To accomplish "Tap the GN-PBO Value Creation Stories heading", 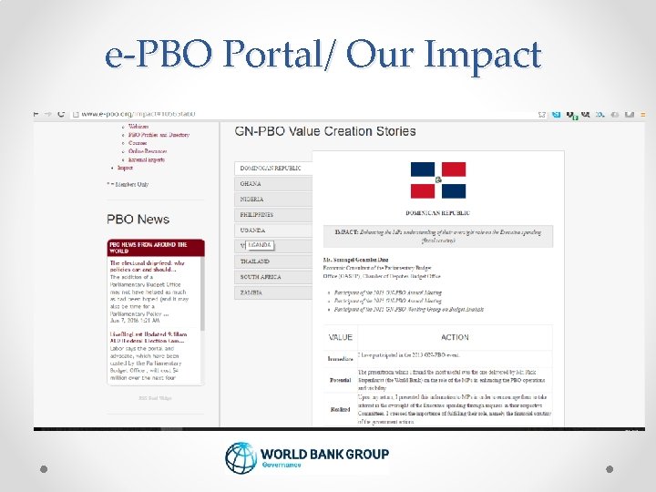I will tap(325, 131).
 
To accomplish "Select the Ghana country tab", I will tap(251, 183).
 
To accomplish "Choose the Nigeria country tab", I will tap(252, 199).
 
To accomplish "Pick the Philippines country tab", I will tap(257, 214).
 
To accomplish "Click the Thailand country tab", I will tap(255, 261).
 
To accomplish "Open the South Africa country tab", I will tap(261, 276).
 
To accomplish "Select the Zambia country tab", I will tap(251, 292).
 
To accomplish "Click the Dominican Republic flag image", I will tap(437, 179).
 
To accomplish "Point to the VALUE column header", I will tap(341, 337).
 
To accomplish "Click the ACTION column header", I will tap(455, 337).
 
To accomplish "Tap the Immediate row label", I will tap(340, 359).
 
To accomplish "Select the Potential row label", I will tap(340, 380).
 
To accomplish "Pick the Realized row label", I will tap(340, 409).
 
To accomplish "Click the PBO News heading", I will tap(138, 219).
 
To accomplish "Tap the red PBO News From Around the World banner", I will tap(156, 248).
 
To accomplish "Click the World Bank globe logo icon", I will tap(241, 458).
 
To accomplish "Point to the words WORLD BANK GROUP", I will tap(324, 454).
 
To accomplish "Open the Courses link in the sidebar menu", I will tap(138, 143).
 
